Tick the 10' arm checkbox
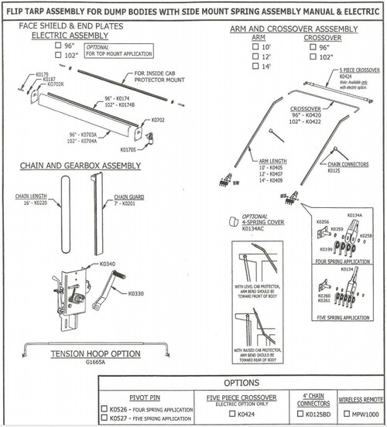point(256,47)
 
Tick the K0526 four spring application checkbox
point(104,408)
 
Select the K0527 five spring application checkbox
point(104,418)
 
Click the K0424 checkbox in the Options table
point(231,414)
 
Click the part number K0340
point(107,264)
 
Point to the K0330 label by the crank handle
point(135,294)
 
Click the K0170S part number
point(128,149)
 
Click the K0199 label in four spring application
point(327,251)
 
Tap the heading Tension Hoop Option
point(94,353)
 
